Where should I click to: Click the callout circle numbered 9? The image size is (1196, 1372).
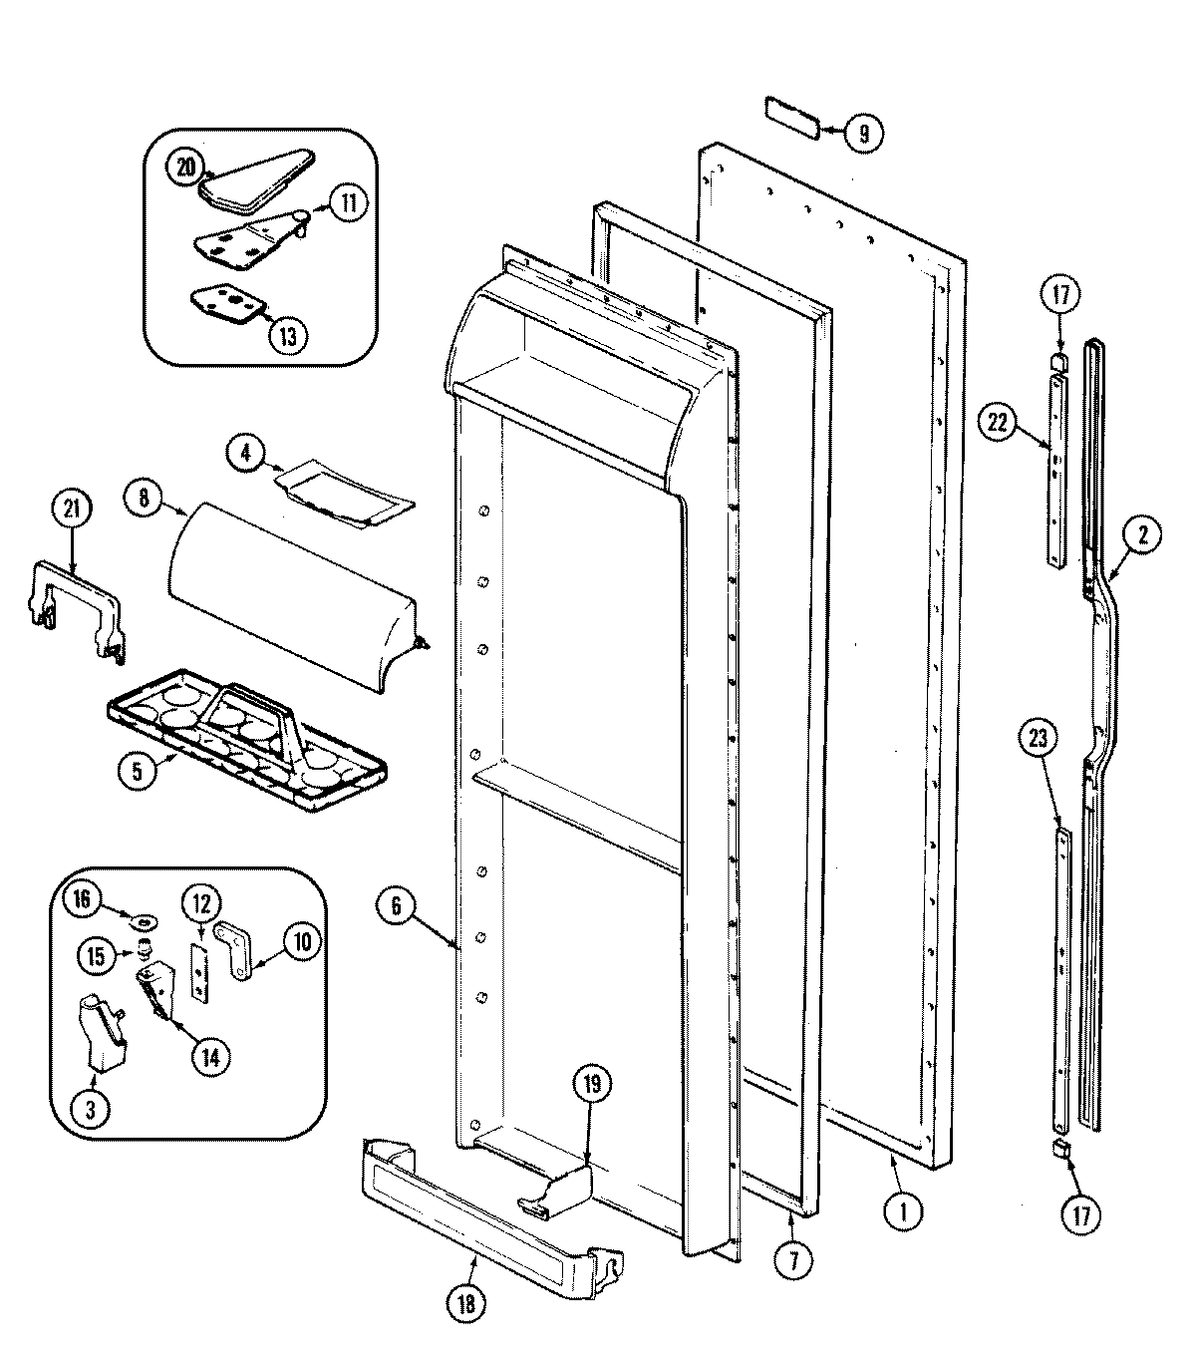click(x=863, y=133)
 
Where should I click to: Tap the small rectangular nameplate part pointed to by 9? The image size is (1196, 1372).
click(x=792, y=116)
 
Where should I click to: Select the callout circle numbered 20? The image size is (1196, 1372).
click(x=186, y=168)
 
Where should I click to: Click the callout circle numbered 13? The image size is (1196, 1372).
click(x=286, y=336)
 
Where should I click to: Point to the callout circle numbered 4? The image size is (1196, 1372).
click(x=245, y=453)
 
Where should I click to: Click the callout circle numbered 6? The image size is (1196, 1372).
click(x=396, y=905)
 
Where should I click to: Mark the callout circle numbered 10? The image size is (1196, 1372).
click(x=300, y=939)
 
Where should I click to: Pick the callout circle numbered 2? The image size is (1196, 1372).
click(x=1141, y=534)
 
